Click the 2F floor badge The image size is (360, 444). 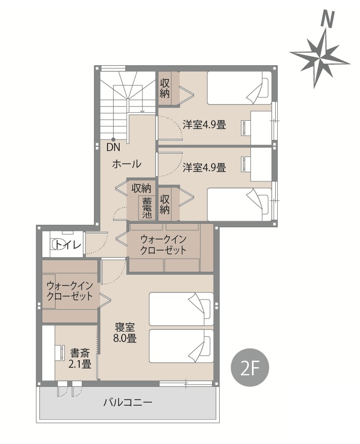[250, 368]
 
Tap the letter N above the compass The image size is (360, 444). [328, 20]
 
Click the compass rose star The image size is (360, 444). [320, 58]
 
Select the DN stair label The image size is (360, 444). [113, 147]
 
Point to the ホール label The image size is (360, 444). [127, 164]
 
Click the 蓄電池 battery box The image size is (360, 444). [147, 208]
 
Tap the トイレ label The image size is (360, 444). [67, 244]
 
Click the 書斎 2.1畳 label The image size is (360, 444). [80, 358]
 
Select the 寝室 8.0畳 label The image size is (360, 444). [125, 332]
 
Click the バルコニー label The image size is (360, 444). [128, 402]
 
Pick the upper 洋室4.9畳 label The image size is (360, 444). [204, 125]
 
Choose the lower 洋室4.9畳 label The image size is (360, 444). [204, 167]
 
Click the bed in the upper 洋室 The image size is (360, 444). [239, 88]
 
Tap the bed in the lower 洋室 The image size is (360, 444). [239, 205]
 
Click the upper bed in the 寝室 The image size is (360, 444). [181, 309]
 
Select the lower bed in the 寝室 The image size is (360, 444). [181, 346]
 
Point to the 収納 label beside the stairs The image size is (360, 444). [165, 88]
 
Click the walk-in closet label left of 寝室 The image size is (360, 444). [70, 291]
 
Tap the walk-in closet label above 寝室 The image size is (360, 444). [163, 244]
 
